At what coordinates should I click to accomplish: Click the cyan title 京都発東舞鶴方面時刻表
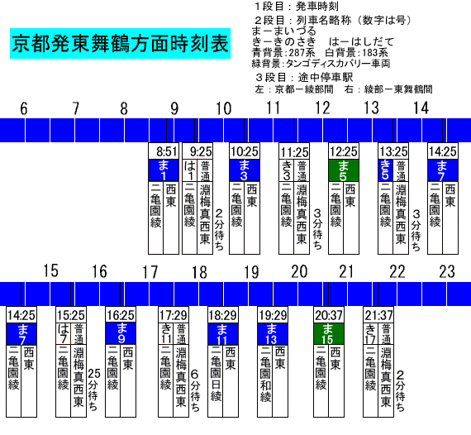pyautogui.click(x=120, y=44)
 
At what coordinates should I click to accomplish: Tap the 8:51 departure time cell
pyautogui.click(x=164, y=151)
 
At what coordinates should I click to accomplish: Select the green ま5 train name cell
pyautogui.click(x=344, y=170)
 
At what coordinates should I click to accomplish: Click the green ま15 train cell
pyautogui.click(x=329, y=333)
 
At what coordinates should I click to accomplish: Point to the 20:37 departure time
pyautogui.click(x=329, y=315)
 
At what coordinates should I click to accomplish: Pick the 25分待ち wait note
pyautogui.click(x=93, y=390)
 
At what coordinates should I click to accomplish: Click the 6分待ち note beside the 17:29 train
pyautogui.click(x=195, y=390)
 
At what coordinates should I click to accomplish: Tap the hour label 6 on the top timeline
pyautogui.click(x=24, y=108)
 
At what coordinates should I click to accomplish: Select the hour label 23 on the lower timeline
pyautogui.click(x=447, y=272)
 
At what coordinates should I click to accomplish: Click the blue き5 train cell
pyautogui.click(x=385, y=170)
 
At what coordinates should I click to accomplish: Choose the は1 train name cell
pyautogui.click(x=190, y=170)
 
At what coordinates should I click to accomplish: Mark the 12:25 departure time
pyautogui.click(x=344, y=151)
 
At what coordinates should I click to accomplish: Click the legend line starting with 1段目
pyautogui.click(x=296, y=7)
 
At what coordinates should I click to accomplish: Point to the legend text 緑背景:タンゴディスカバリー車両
pyautogui.click(x=321, y=64)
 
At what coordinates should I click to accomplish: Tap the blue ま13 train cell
pyautogui.click(x=273, y=333)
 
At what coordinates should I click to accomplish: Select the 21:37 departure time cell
pyautogui.click(x=378, y=315)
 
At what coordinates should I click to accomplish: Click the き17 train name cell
pyautogui.click(x=371, y=333)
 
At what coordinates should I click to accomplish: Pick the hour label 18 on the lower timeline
pyautogui.click(x=199, y=272)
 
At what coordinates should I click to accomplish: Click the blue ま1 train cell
pyautogui.click(x=164, y=170)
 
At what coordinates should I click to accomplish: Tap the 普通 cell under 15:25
pyautogui.click(x=78, y=333)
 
